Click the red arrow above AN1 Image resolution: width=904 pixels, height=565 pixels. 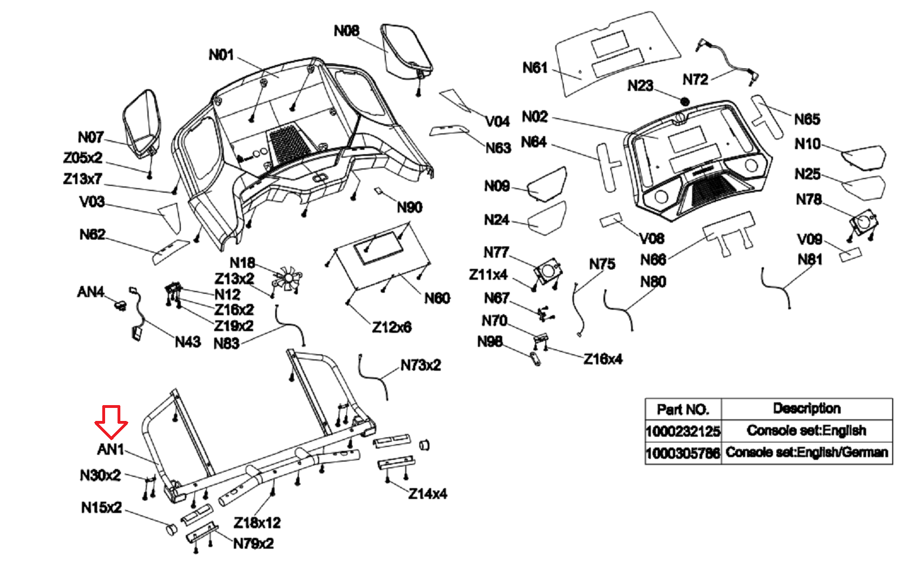click(x=111, y=421)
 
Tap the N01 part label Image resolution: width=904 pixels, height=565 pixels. click(x=221, y=55)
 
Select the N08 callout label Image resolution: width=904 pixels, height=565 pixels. click(x=346, y=31)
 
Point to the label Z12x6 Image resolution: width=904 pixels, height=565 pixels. click(x=392, y=327)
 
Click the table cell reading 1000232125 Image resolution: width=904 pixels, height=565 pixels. click(x=683, y=432)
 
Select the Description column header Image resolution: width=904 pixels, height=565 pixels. click(x=806, y=408)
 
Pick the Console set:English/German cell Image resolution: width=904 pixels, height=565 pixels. click(x=806, y=453)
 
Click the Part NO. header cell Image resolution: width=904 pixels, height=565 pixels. click(x=683, y=409)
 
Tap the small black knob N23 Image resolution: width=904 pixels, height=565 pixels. click(x=685, y=102)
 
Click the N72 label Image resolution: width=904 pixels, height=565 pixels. click(x=695, y=80)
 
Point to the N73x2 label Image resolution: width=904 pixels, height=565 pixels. click(x=420, y=366)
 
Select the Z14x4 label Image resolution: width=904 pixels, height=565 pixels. click(x=428, y=494)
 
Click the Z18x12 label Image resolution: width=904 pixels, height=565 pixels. click(x=257, y=523)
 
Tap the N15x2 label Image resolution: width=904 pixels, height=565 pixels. click(x=101, y=508)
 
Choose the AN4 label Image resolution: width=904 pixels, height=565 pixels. click(x=90, y=292)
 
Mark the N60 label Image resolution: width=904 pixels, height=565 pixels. click(x=437, y=298)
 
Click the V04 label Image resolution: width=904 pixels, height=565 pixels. click(x=497, y=121)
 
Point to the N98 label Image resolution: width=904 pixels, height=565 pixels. click(x=489, y=342)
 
